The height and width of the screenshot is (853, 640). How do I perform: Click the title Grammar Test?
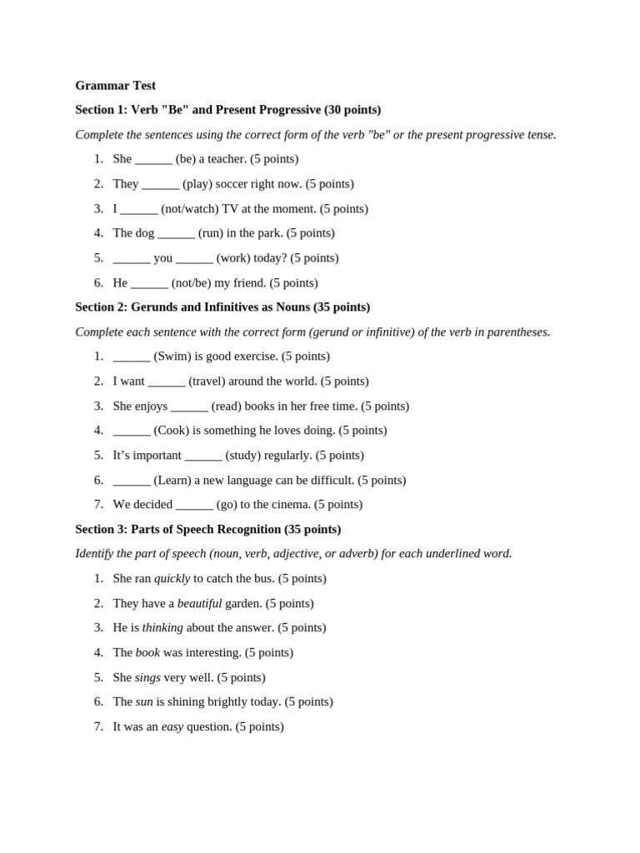115,85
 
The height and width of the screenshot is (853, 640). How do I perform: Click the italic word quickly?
172,578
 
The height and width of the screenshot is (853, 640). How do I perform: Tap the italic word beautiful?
199,603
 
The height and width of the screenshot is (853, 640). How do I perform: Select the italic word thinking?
162,627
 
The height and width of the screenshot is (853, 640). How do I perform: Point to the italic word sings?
147,677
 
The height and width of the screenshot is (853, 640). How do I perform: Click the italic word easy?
172,726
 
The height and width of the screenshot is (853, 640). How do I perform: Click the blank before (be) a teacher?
153,159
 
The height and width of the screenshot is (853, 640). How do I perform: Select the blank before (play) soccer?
160,184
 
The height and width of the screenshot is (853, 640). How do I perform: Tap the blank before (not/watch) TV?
138,209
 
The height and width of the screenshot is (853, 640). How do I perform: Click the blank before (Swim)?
132,357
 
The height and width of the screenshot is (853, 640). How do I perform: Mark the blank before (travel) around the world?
166,382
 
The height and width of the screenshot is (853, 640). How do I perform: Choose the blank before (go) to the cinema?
194,505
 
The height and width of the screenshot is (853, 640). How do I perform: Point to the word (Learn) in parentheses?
172,480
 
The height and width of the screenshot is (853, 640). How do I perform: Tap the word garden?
243,603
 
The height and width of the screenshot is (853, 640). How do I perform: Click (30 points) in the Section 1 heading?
352,109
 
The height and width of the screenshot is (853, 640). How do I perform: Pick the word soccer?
234,183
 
